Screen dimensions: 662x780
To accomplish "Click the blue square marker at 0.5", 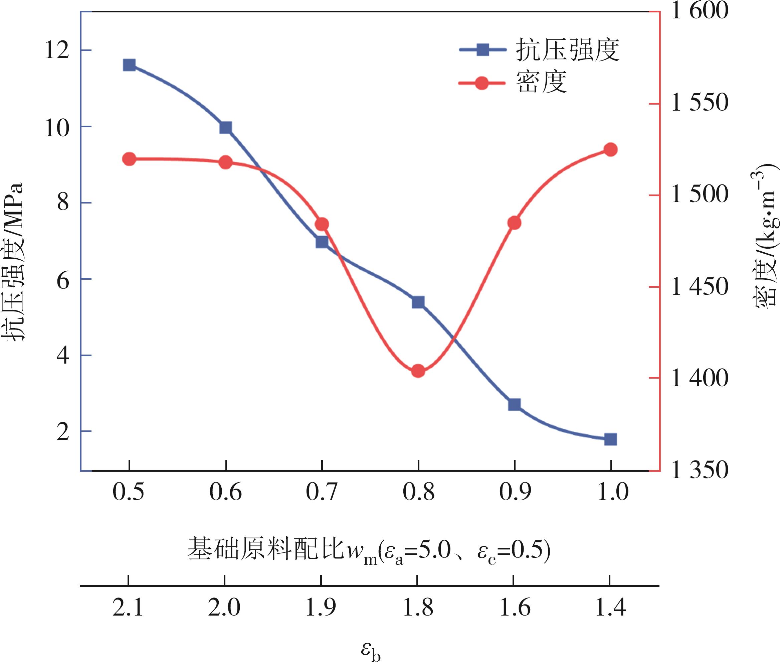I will [129, 65].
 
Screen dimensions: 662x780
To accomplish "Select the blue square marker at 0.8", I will [418, 302].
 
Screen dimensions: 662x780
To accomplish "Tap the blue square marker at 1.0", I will [610, 439].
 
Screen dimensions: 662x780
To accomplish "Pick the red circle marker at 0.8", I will [418, 371].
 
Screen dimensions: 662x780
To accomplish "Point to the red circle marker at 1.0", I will [610, 150].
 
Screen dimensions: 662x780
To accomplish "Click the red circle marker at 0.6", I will [225, 162].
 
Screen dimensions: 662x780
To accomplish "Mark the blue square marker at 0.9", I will [515, 405].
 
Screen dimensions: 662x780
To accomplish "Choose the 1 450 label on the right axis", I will [700, 287].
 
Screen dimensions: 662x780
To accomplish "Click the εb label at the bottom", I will [371, 650].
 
